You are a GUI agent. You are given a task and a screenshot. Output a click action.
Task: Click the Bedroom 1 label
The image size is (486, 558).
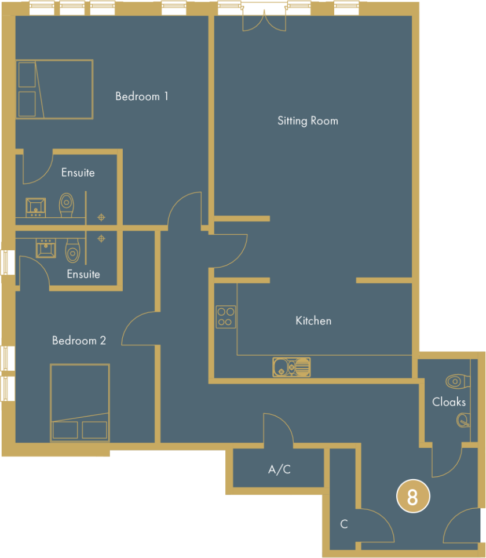[x=142, y=96]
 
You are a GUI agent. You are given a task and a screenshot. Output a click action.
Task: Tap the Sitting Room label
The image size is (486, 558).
[x=308, y=121]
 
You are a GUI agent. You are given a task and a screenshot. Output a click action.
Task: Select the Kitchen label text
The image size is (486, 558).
[x=313, y=320]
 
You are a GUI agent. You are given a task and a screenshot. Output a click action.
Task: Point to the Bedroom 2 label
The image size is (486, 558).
[x=79, y=341]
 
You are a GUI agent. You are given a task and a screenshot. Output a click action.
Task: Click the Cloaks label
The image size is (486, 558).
[x=449, y=402]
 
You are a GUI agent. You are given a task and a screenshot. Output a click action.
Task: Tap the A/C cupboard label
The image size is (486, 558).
[x=279, y=470]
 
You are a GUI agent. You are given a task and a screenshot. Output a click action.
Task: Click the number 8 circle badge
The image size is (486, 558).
[x=412, y=497]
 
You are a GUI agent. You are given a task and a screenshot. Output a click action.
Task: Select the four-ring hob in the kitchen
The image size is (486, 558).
[x=225, y=316]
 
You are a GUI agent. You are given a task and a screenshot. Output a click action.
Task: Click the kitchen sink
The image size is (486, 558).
[x=291, y=366]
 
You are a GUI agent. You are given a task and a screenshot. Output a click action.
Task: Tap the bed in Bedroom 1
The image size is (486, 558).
[x=54, y=89]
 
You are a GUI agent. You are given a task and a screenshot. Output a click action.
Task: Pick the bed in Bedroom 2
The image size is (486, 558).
[x=80, y=403]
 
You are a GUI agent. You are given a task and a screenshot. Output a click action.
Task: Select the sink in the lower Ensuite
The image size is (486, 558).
[x=46, y=248]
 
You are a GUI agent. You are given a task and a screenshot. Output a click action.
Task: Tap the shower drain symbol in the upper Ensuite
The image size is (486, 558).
[x=101, y=217]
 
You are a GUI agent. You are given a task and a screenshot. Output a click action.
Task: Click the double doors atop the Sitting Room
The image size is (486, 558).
[x=264, y=22]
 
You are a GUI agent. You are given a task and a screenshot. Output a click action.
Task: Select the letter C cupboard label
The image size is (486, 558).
[x=344, y=524]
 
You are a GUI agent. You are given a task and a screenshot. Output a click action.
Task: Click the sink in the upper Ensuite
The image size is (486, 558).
[x=36, y=206]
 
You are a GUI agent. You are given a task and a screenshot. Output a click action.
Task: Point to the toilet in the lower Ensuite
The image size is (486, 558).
[x=72, y=250]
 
